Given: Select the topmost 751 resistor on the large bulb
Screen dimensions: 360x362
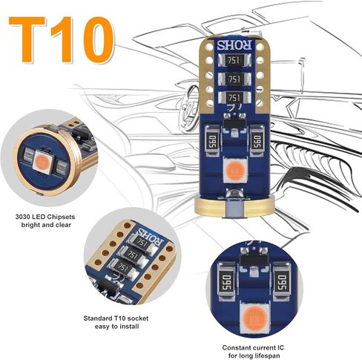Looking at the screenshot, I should [234, 60].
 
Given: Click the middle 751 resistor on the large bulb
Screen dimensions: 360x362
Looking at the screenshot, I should [234, 79].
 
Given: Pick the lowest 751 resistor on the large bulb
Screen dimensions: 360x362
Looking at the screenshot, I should [234, 96].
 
